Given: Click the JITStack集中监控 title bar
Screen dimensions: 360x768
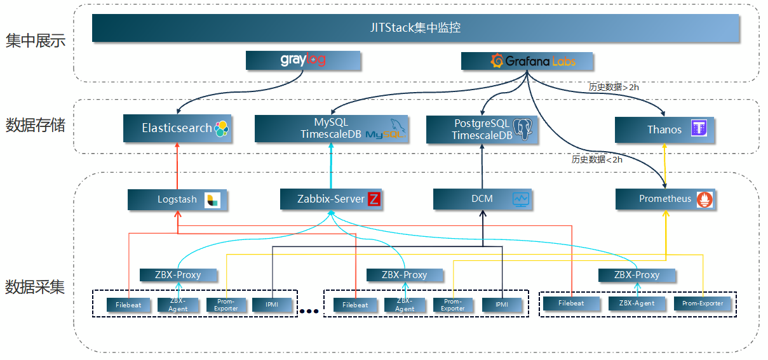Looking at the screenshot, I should tap(415, 28).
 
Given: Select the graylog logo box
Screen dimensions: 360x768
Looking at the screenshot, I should tap(303, 60).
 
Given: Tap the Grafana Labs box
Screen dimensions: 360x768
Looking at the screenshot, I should tap(527, 61).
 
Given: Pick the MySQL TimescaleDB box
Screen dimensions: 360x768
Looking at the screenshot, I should tap(331, 128).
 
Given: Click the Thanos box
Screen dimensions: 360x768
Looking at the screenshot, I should tap(664, 130).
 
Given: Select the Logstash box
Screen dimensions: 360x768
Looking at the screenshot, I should tap(177, 199).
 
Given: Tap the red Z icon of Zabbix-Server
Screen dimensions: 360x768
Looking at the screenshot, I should tap(374, 199).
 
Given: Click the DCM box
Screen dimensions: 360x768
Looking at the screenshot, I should tap(483, 199).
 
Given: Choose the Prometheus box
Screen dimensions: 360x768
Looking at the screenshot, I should tap(665, 199).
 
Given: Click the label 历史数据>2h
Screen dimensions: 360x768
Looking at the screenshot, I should tap(614, 87).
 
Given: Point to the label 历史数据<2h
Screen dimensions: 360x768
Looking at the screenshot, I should tap(596, 160).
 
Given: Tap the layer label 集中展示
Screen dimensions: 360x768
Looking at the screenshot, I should tap(36, 42).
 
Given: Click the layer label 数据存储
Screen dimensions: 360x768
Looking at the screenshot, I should tap(36, 125).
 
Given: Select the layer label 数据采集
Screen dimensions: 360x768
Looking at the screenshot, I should tap(36, 287).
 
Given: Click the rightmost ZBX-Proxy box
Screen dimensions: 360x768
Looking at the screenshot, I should tap(637, 275).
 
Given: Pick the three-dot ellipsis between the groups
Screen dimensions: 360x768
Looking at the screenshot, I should tap(309, 311).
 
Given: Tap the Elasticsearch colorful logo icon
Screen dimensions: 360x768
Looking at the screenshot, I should tap(221, 129).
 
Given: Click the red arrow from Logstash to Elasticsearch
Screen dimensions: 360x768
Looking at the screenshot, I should tap(177, 165).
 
